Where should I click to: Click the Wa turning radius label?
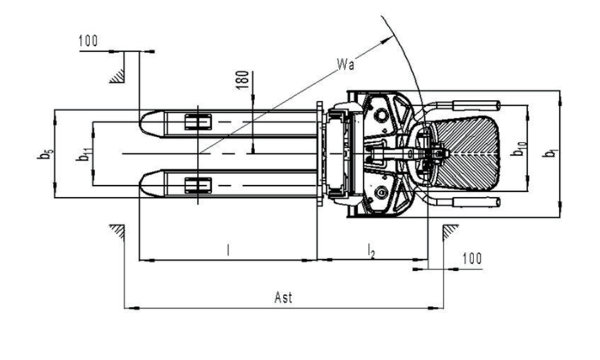(343, 63)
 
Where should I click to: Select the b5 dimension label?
(41, 153)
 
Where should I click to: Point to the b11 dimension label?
(82, 154)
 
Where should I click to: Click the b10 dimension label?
(521, 151)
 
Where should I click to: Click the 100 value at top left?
(88, 41)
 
